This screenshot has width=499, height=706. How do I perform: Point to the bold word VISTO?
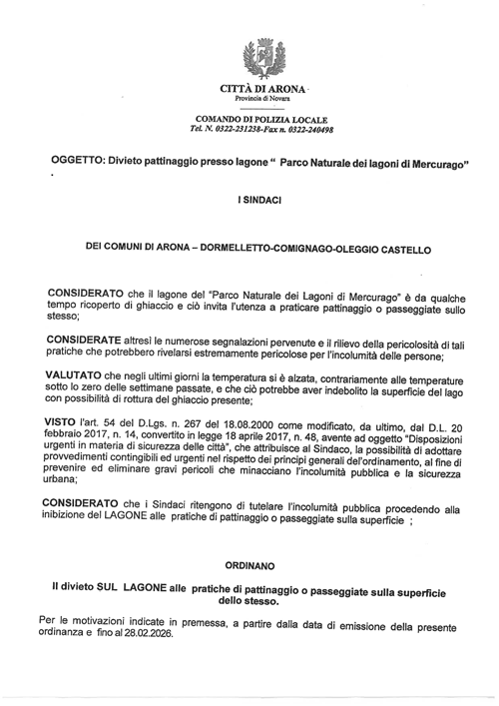(x=66, y=423)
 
